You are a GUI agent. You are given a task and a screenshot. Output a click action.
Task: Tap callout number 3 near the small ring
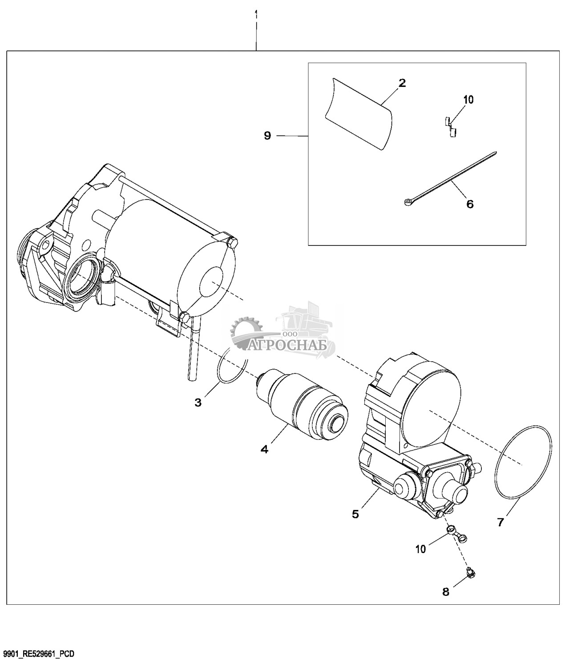point(198,403)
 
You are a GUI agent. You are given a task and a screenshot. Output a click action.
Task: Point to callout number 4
point(264,449)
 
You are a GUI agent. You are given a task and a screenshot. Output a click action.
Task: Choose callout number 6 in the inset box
point(470,204)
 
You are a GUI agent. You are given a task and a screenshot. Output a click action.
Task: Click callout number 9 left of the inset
point(267,136)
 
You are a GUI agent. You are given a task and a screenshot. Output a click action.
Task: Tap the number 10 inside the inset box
point(468,100)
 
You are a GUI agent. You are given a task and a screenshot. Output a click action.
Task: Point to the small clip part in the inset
point(451,127)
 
